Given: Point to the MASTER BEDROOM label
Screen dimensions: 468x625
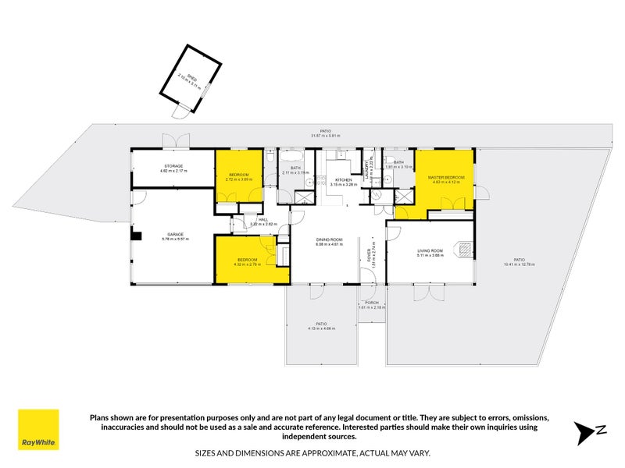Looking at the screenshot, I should coord(446,177).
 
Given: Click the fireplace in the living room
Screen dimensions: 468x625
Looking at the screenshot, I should coord(465,250).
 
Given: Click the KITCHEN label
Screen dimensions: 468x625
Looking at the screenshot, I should coord(343,179).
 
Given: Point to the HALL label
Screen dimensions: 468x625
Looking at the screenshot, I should coord(262,219).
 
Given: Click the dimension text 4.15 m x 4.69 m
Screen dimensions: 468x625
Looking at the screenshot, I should coord(321,328).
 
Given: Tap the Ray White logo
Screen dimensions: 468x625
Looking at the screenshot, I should coord(39,430).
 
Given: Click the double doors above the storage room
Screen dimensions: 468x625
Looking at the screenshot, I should coord(176,140).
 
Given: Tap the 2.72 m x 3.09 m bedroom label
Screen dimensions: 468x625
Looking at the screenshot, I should coord(237,179).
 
